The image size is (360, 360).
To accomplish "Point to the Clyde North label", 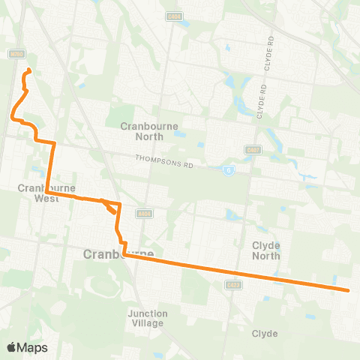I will (265, 250).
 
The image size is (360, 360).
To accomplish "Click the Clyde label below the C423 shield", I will (265, 333).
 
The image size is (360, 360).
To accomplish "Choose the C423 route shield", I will (233, 284).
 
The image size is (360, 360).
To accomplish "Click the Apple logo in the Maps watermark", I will (12, 347).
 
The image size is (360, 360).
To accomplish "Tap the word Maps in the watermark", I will (34, 347).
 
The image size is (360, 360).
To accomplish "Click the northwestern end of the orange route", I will (28, 70).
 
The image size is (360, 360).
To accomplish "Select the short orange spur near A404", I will (112, 208).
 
